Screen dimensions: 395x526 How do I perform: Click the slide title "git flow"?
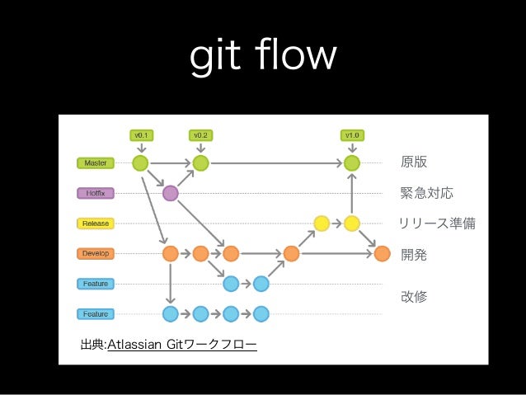(263, 56)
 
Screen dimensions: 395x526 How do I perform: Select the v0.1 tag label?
(141, 134)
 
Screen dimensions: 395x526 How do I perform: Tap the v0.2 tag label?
(200, 134)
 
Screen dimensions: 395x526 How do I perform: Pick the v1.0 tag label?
(352, 134)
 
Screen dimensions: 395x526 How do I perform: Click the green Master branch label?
(96, 163)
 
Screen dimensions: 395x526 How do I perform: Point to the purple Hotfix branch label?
(96, 193)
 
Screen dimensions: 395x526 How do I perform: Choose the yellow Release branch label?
(96, 223)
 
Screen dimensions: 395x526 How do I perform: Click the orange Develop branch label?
(96, 253)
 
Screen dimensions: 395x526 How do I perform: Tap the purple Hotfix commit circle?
(171, 193)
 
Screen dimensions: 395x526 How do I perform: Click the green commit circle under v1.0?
(352, 162)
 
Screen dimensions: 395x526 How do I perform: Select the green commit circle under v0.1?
(140, 162)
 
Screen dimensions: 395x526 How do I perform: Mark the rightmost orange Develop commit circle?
(382, 253)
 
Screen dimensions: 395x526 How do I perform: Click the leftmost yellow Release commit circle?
(322, 223)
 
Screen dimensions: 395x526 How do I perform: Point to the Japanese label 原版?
(414, 162)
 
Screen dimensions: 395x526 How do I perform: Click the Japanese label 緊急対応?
(426, 193)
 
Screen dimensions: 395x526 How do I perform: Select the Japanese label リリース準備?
(437, 223)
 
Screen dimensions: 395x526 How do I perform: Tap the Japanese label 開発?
(414, 255)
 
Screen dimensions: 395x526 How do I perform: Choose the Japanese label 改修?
(414, 295)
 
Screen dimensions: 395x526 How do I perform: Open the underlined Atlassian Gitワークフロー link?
(182, 343)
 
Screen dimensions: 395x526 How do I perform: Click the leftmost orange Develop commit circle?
(171, 253)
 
